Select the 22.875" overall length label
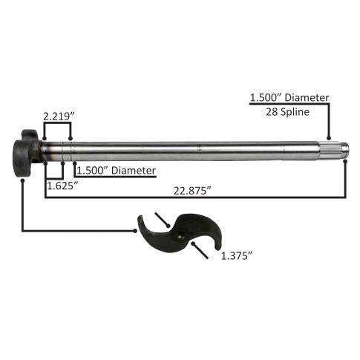click(192, 191)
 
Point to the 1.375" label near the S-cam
click(236, 255)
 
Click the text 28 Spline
click(287, 112)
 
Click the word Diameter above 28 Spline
click(307, 97)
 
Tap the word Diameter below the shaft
click(134, 171)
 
